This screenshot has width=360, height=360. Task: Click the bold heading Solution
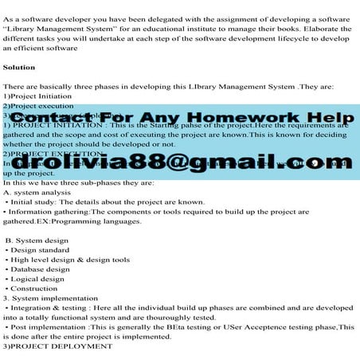pyautogui.click(x=19, y=68)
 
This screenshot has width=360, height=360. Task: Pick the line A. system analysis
pyautogui.click(x=37, y=192)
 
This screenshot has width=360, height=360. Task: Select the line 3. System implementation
pyautogui.click(x=49, y=298)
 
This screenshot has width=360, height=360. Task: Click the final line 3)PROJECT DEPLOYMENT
pyautogui.click(x=57, y=346)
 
